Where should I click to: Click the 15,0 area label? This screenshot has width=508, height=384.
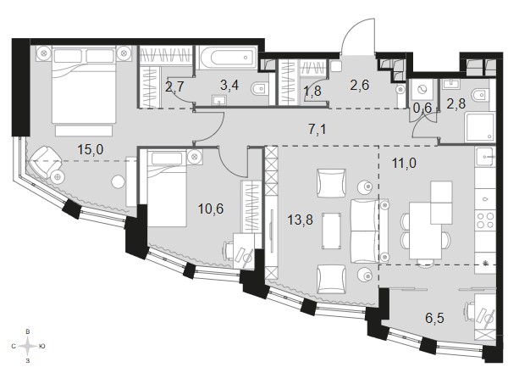91,150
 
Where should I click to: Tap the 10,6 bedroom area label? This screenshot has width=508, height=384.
211,209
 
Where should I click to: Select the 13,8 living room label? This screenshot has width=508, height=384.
301,220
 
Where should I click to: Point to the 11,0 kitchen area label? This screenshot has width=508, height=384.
404,163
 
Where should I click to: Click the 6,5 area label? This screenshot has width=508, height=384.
435,319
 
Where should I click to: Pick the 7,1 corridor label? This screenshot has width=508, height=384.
317,130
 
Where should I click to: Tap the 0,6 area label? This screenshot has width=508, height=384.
422,108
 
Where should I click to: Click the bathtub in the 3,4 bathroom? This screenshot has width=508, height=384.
229,58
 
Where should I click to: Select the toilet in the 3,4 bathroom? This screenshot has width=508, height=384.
260,87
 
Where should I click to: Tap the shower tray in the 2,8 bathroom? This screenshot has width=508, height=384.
480,127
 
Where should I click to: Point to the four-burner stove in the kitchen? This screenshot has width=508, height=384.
485,220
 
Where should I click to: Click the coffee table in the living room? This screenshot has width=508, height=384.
331,231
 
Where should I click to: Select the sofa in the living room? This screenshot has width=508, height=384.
369,231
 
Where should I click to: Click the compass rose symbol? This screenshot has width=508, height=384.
28,346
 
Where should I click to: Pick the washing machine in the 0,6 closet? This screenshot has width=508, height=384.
422,90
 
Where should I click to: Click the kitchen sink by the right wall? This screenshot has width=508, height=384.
485,157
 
